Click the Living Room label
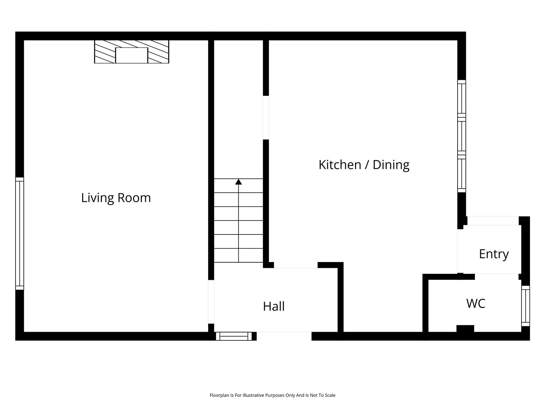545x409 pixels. coord(116,198)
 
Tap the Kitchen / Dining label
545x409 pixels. coord(364,165)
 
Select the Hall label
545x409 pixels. coord(274,306)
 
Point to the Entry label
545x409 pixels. coord(494,254)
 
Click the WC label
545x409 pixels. coord(476,303)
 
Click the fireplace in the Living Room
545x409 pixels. coord(132,52)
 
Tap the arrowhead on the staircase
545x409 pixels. coord(238,182)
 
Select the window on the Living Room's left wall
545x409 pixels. coord(20,233)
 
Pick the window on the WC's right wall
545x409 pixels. coord(525,306)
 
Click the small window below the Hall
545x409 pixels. coord(234,336)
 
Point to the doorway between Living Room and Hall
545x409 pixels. coord(211,302)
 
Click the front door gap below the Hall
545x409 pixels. coord(284,336)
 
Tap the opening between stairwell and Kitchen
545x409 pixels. coord(266,118)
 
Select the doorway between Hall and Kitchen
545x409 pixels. coord(296,265)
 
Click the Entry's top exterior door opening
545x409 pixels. coord(493,221)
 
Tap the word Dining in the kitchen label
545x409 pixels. coord(391,165)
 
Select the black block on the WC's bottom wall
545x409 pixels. coord(465,329)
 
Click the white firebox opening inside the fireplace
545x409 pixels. coord(132,55)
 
